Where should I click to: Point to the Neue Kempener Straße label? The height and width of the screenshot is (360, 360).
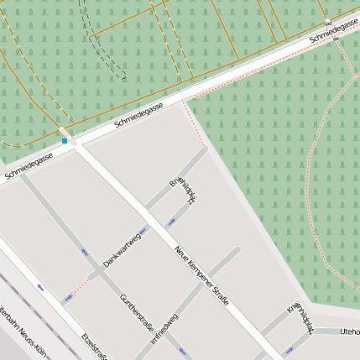coord(201,274)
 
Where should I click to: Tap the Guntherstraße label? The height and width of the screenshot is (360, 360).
coord(137,311)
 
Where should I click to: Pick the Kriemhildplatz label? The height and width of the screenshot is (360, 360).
coord(300,320)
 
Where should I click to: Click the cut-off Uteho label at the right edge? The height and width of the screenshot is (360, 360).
coord(349,332)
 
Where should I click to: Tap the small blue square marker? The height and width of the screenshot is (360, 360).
coord(65,141)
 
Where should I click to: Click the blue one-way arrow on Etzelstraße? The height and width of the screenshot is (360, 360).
coord(40,288)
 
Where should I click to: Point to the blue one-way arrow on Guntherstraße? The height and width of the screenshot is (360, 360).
coord(84,252)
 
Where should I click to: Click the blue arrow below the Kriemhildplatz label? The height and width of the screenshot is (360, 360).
coord(290,350)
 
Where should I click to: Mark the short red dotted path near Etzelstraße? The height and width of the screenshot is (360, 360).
coord(77,287)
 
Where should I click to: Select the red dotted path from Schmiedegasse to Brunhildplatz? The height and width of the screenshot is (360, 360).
coord(197,126)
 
